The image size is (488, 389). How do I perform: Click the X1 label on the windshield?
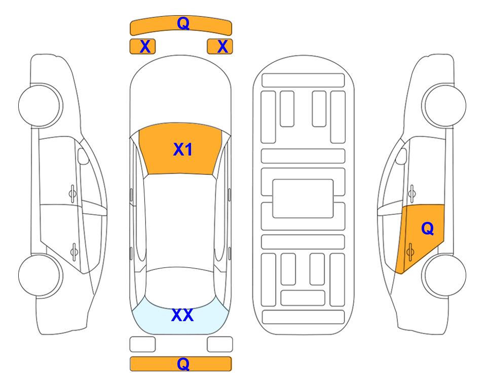183,149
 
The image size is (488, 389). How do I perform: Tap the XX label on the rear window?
182,315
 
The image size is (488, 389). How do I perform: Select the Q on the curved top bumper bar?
183,23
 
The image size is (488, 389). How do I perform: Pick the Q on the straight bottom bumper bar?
183,364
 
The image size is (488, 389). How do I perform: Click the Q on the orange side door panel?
427,228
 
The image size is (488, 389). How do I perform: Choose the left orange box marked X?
142,47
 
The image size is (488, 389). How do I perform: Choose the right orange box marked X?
220,47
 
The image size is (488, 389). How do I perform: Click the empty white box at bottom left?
142,344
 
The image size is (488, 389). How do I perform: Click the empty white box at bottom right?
220,344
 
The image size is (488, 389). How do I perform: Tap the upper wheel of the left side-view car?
41,105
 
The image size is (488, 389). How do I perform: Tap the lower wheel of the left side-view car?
41,275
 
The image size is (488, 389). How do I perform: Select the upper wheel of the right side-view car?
444,105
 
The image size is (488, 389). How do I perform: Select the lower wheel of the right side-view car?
444,275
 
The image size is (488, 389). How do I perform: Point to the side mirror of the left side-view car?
83,156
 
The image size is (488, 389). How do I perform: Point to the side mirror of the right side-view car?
401,156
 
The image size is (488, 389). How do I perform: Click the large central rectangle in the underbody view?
303,199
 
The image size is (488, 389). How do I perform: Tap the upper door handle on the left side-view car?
72,193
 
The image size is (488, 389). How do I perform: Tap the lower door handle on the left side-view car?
74,251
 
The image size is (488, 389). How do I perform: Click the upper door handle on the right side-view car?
411,193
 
